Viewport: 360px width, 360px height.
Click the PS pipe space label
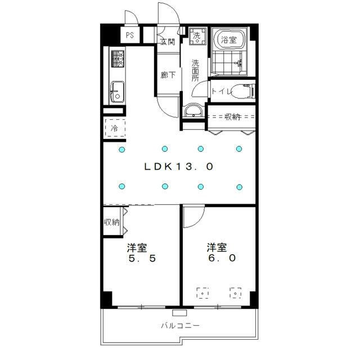click(130, 35)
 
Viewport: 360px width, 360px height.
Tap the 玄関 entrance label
click(168, 42)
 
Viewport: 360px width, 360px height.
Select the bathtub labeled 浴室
click(229, 39)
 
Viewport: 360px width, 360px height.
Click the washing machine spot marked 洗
click(197, 36)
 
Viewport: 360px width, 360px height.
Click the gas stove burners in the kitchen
click(118, 58)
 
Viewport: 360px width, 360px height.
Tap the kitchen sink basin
click(118, 92)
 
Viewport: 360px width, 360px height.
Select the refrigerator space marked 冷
click(115, 128)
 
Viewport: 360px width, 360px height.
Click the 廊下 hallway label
click(168, 75)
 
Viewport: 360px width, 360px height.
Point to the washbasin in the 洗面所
click(193, 111)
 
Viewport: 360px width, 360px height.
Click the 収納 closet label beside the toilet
click(232, 117)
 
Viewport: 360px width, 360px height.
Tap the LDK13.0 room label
click(179, 166)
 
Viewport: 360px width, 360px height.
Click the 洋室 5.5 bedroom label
click(142, 253)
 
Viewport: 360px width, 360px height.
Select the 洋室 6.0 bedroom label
click(221, 253)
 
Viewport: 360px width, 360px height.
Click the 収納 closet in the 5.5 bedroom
click(112, 222)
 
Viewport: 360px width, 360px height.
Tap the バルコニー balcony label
click(180, 326)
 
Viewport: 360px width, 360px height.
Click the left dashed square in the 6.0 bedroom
click(202, 293)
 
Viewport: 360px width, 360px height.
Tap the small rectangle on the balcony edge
click(179, 313)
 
